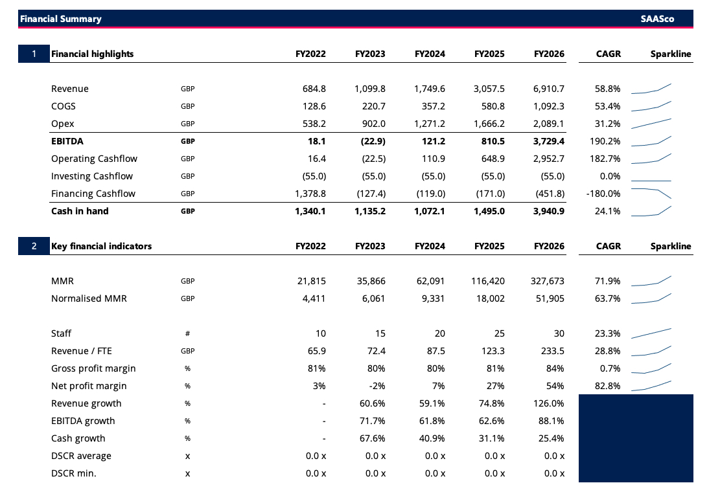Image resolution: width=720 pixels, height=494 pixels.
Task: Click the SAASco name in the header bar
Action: (657, 19)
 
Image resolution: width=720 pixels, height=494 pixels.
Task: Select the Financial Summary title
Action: (61, 19)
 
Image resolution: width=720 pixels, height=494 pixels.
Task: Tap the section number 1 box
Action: (34, 54)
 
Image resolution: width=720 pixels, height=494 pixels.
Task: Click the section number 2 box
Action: (34, 246)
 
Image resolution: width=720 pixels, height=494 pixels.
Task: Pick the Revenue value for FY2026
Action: (549, 89)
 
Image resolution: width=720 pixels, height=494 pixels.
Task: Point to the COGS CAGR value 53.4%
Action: (607, 106)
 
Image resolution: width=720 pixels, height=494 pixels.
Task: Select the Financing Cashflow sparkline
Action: (651, 193)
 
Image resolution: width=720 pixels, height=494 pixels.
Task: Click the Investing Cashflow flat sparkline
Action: (651, 181)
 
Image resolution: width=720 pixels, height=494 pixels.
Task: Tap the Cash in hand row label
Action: (80, 211)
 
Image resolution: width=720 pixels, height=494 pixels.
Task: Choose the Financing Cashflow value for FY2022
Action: (310, 194)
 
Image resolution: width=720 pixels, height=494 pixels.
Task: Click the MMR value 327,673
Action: (548, 281)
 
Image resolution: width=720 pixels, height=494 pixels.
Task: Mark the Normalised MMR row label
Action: (89, 298)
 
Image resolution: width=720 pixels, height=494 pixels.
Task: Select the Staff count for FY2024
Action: (439, 333)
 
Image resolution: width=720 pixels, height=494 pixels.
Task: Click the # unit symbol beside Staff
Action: (187, 333)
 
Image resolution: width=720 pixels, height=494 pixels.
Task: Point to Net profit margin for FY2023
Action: (377, 387)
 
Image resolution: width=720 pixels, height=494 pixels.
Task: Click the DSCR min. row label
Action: (73, 473)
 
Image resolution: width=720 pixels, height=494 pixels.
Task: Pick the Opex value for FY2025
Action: (489, 124)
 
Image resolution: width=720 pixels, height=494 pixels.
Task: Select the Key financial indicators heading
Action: (102, 246)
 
